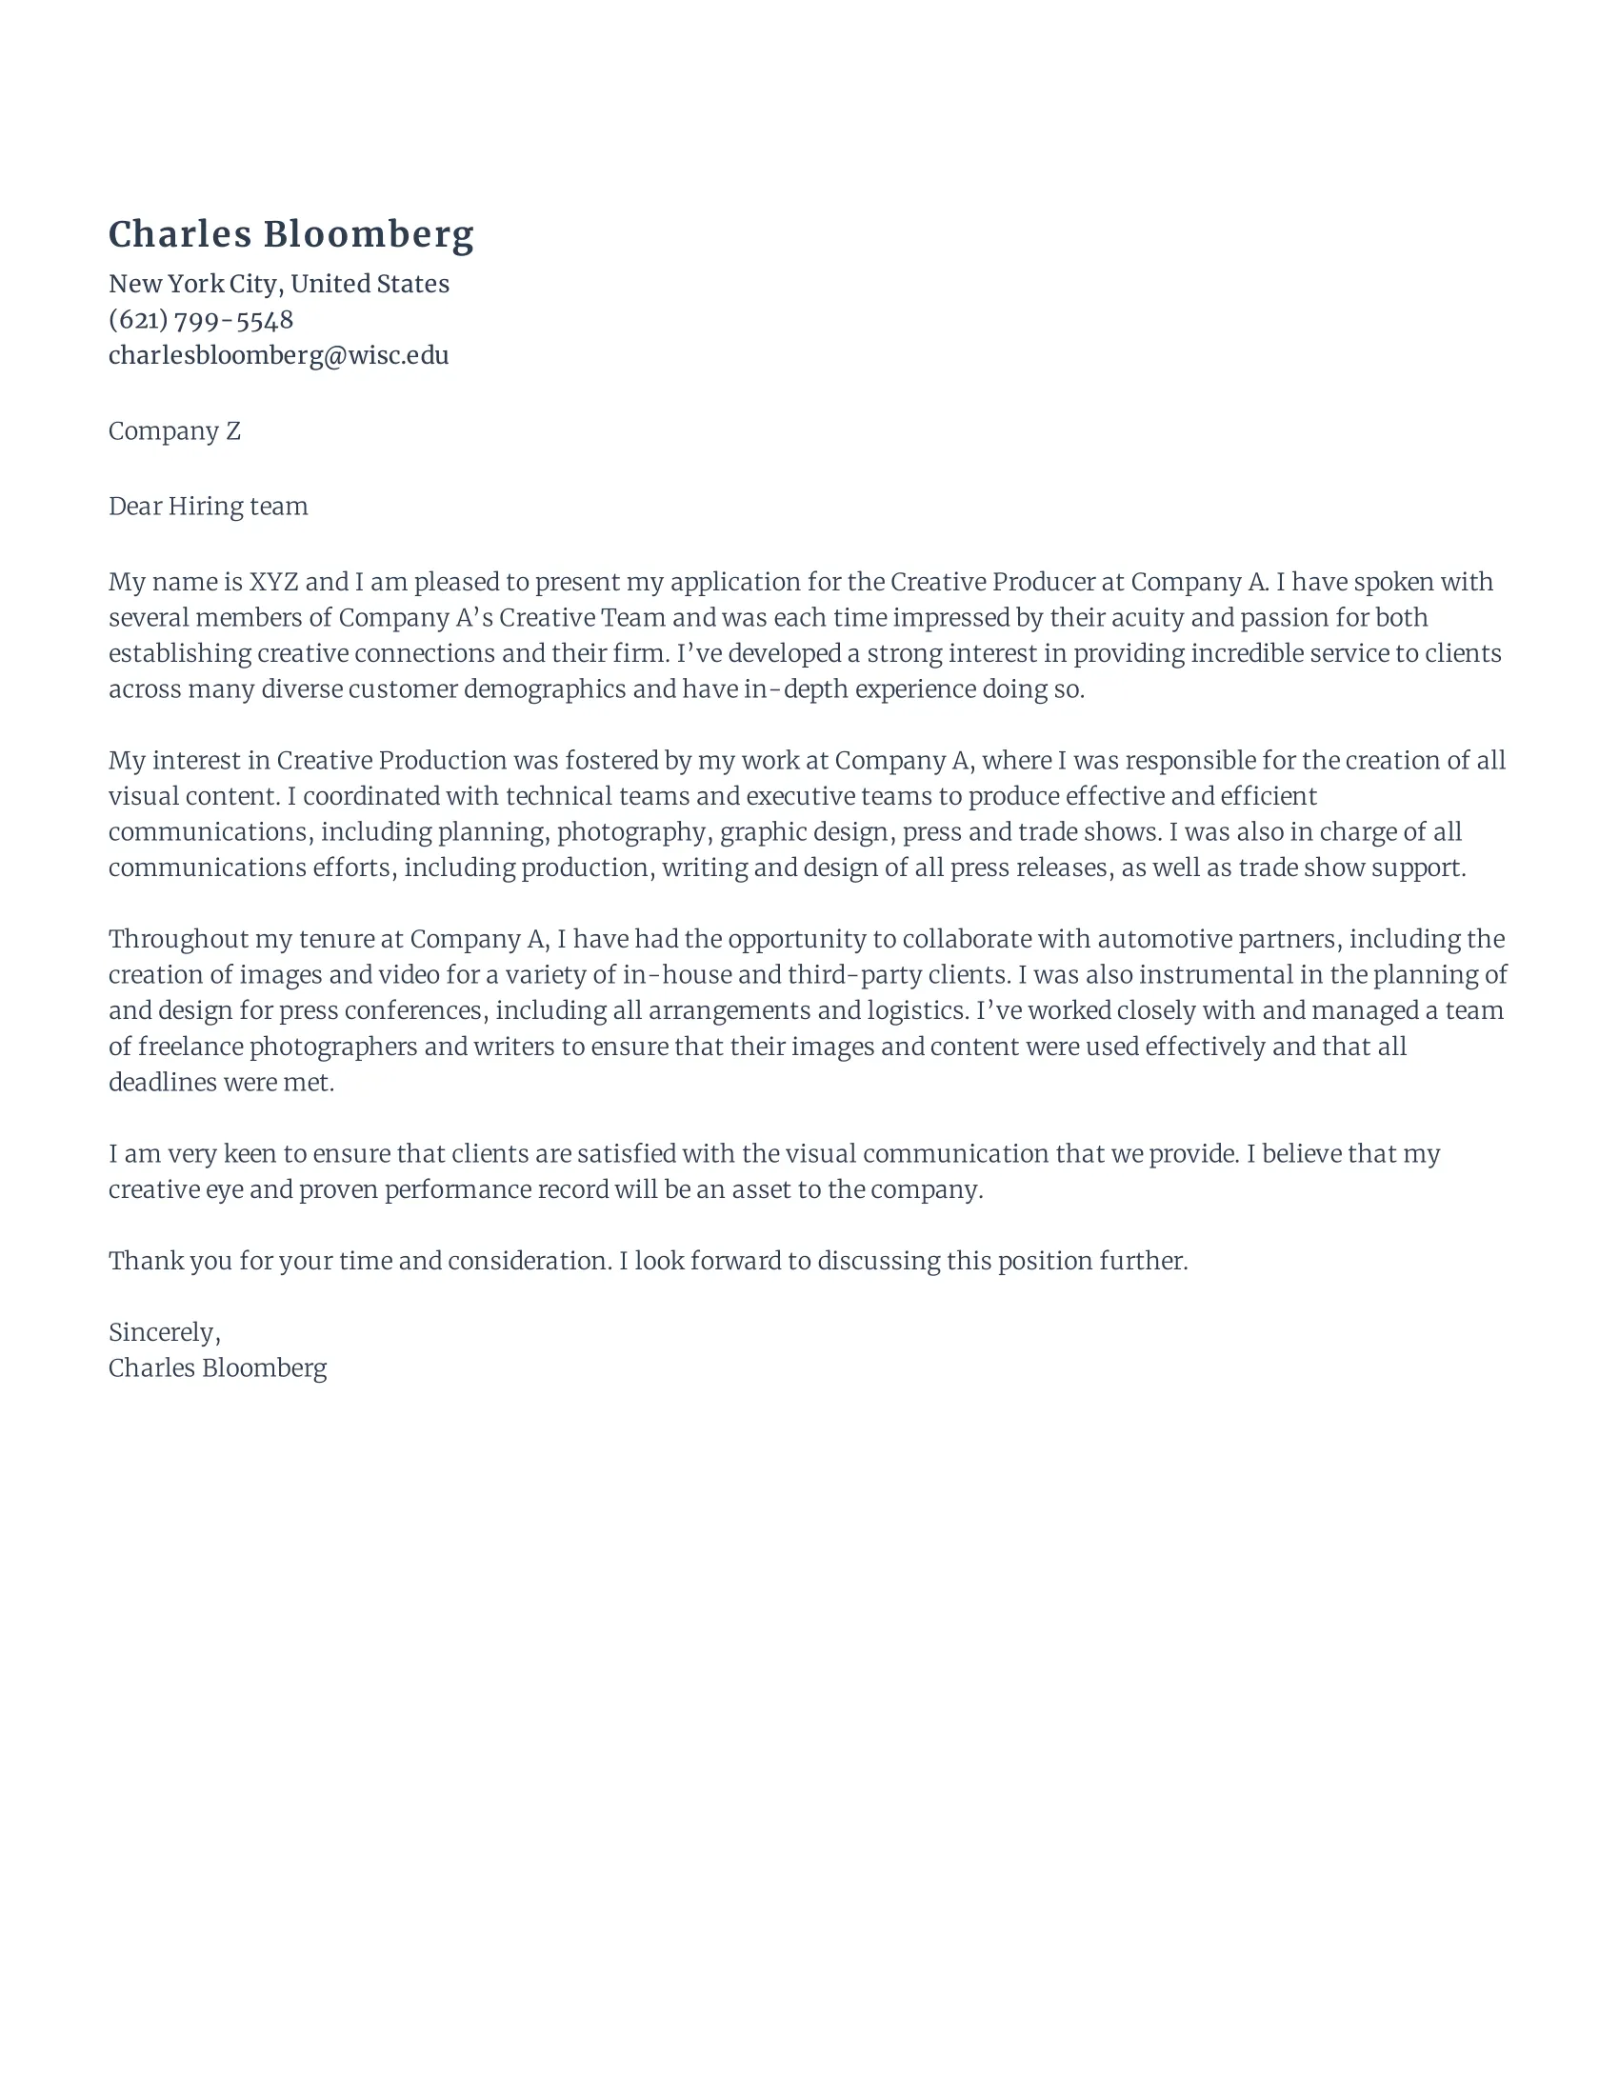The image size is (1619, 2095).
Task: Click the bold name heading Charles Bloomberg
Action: (290, 234)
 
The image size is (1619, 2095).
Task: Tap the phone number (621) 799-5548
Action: (200, 319)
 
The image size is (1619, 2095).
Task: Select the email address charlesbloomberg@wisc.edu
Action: (278, 355)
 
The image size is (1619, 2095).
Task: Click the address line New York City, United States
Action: (278, 284)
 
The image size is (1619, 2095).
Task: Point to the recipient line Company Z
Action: (173, 431)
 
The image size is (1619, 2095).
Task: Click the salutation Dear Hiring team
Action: (209, 507)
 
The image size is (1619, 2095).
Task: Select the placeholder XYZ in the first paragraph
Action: (273, 582)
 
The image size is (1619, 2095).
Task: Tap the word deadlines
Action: (162, 1083)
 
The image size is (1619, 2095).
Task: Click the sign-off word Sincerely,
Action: (164, 1332)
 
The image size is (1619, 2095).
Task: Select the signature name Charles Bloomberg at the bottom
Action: (218, 1367)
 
